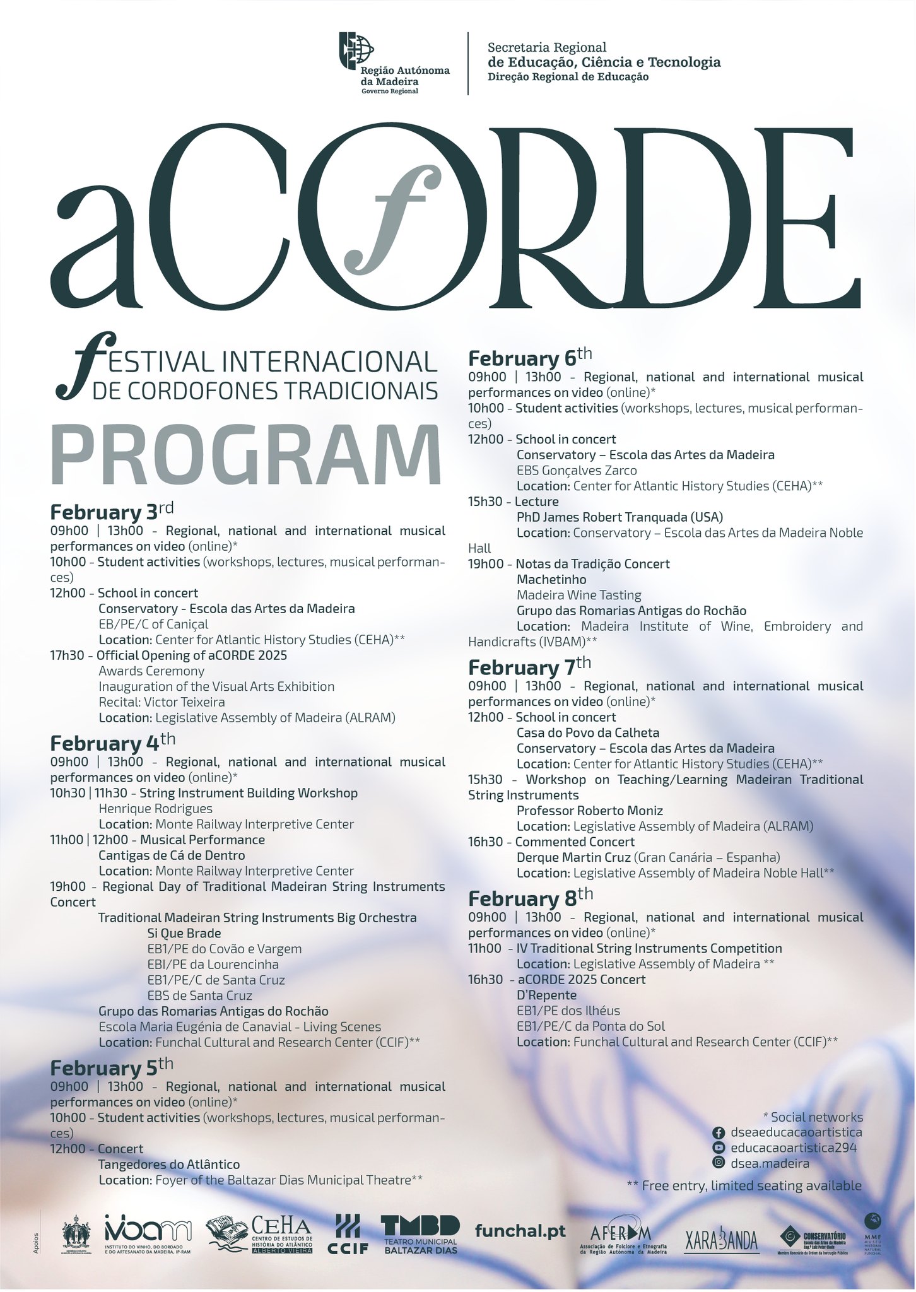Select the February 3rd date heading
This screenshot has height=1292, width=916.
pos(112,510)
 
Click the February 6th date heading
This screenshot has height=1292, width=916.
pos(530,357)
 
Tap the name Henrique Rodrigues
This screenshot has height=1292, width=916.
pos(155,809)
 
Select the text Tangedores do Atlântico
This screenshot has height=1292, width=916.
pos(169,1165)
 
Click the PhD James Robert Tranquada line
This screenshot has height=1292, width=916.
pos(619,517)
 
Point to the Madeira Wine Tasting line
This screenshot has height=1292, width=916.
pos(578,595)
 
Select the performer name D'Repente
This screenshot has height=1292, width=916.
pos(546,995)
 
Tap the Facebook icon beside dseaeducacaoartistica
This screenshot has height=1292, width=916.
pos(718,1133)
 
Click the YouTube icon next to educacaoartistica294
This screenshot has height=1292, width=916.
pos(718,1148)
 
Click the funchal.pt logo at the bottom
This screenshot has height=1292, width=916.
pos(520,1231)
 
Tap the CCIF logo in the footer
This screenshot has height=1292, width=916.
pos(348,1234)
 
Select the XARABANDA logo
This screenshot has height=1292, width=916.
pos(721,1240)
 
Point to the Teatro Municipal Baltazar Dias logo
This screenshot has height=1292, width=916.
pos(420,1234)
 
